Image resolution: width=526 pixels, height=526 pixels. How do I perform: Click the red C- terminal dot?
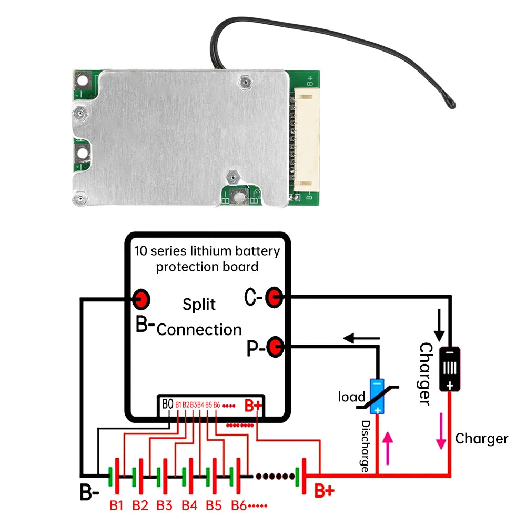273,298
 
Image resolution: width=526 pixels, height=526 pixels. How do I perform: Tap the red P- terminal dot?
275,347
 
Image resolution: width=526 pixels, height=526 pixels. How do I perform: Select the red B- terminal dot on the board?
141,300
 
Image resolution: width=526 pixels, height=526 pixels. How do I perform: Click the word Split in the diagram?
199,305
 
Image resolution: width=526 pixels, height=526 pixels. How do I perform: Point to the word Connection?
199,330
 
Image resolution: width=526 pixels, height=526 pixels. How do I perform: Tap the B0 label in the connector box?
167,404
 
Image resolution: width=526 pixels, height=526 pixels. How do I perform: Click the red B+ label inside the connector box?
253,406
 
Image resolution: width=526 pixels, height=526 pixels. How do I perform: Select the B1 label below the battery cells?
116,505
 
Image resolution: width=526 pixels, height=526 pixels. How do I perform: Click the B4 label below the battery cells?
189,505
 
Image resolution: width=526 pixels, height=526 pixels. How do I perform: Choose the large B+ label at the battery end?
323,491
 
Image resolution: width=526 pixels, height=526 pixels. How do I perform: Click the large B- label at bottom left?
89,493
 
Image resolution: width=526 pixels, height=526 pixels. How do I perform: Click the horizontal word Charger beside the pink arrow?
481,439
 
